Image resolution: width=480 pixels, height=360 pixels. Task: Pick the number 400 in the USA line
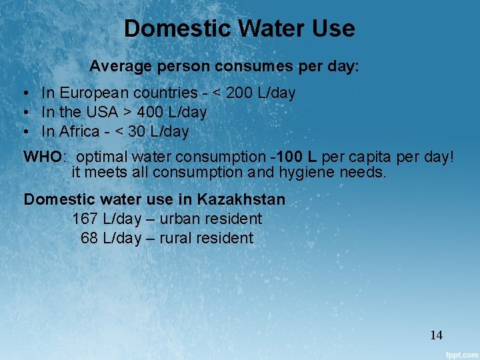point(151,112)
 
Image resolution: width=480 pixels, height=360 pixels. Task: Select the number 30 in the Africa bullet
point(137,131)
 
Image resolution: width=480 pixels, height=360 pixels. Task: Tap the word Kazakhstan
point(241,199)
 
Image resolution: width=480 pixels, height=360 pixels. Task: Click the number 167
point(85,219)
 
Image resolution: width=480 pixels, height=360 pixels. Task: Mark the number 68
point(89,238)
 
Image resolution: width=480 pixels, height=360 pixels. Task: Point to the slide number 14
point(437,335)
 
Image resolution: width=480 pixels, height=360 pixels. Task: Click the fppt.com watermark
point(459,353)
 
